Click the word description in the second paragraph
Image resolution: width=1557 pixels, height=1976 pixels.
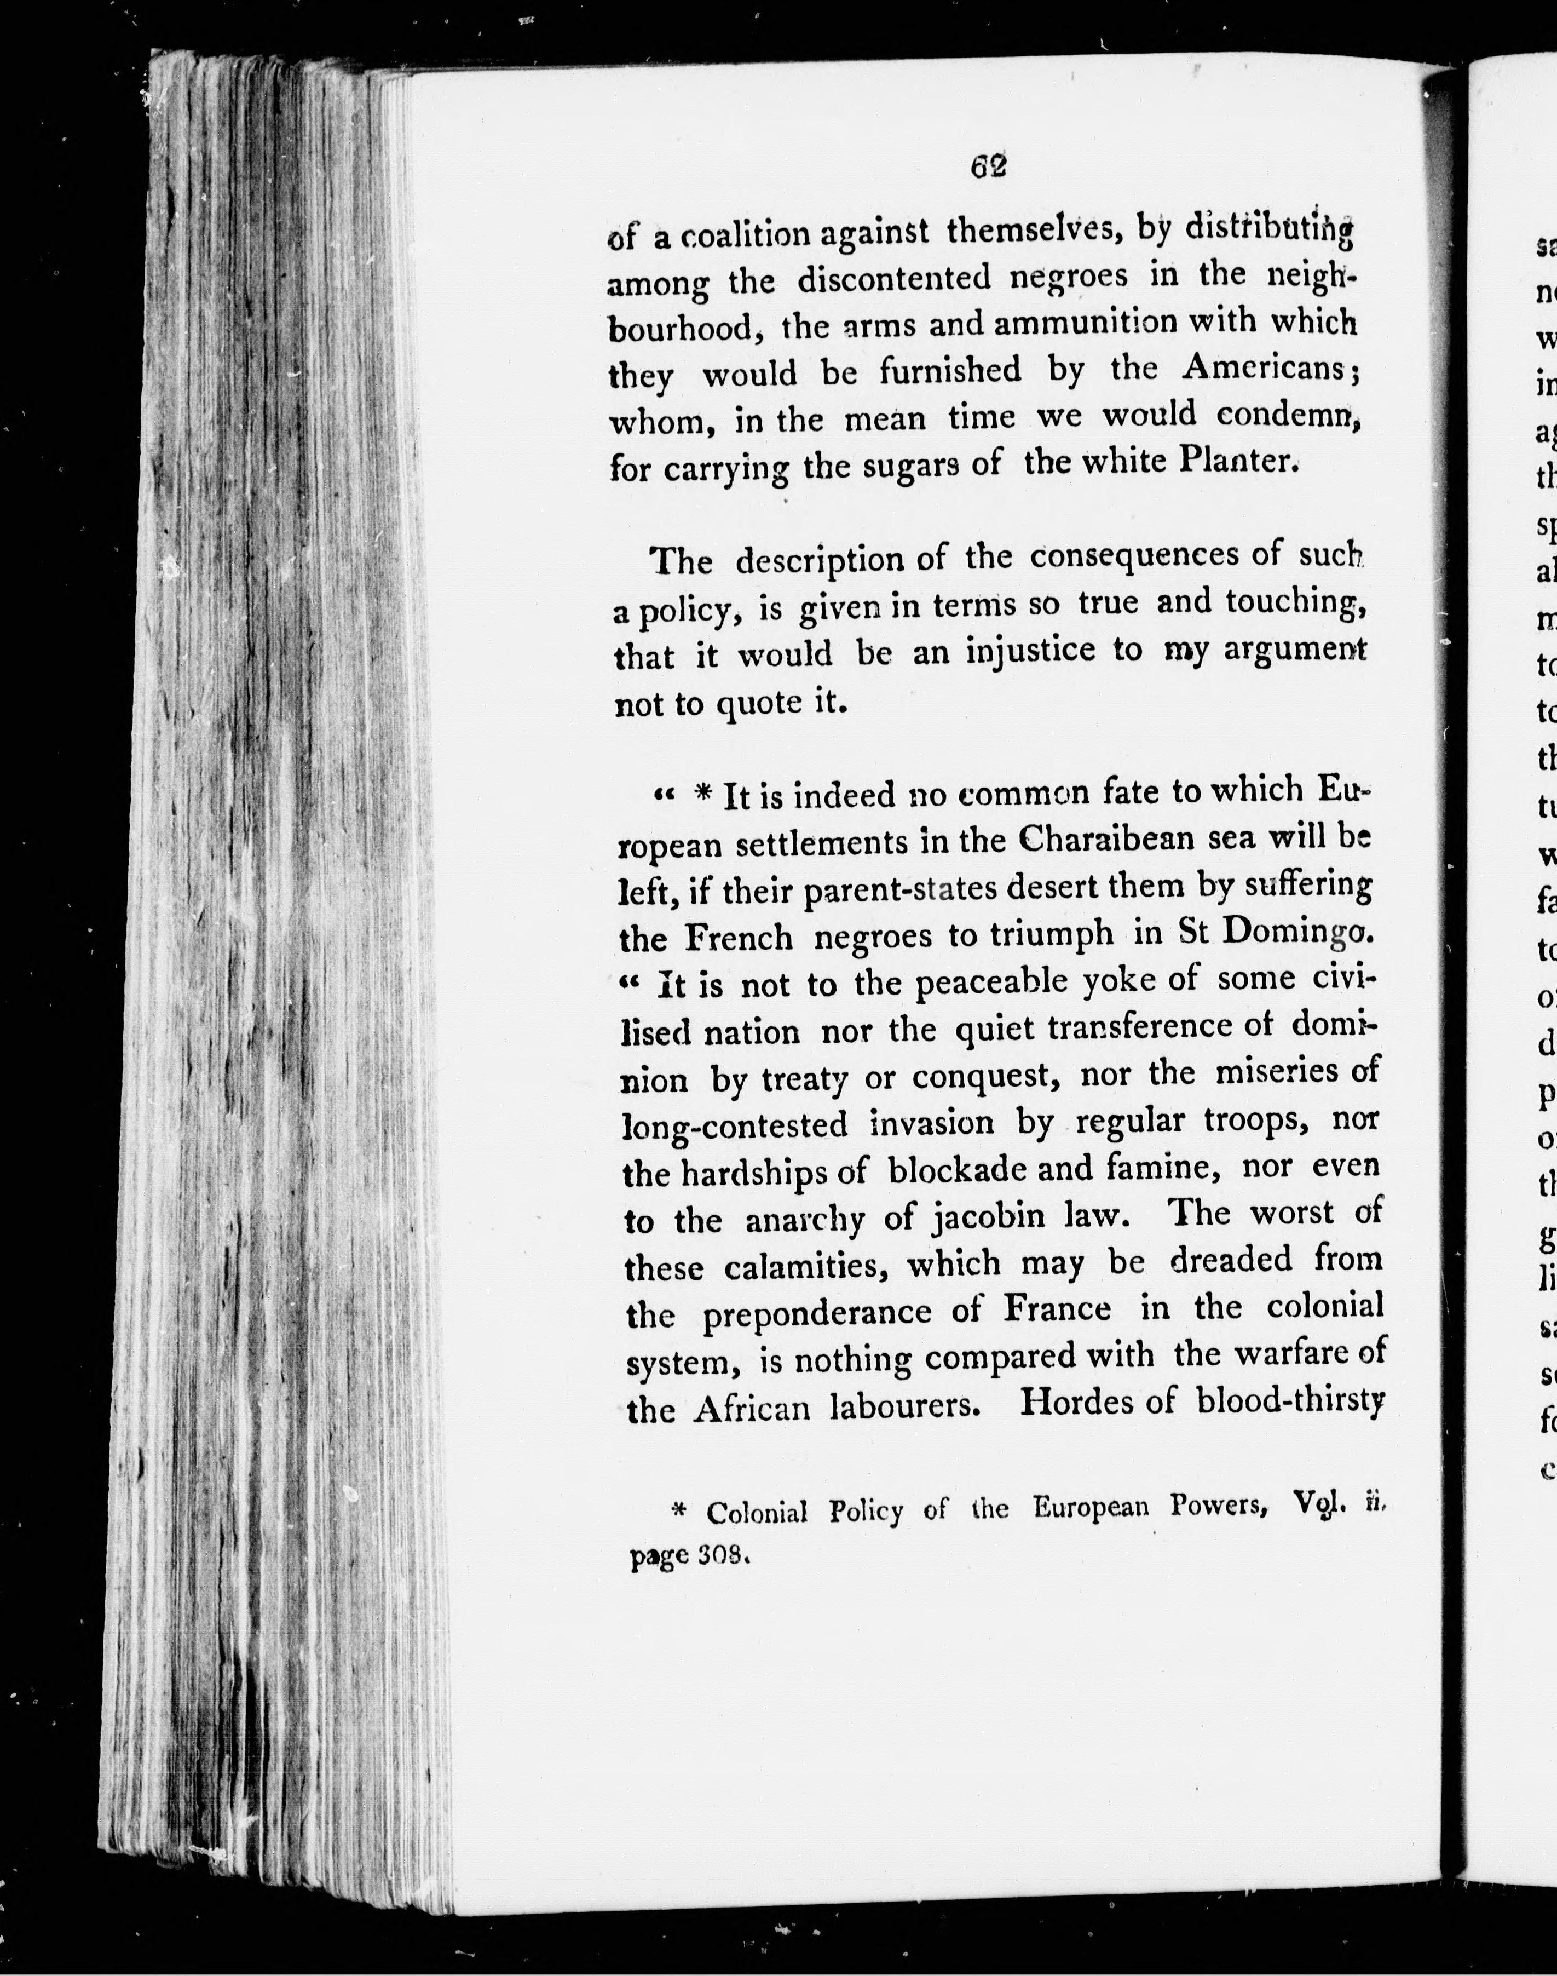pos(818,560)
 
